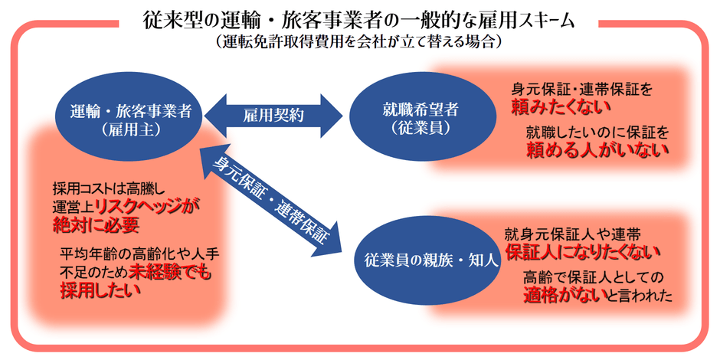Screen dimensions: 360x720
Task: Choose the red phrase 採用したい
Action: point(96,290)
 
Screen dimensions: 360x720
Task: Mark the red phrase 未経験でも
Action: point(173,272)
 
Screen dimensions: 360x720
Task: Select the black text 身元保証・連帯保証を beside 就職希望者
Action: point(582,90)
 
